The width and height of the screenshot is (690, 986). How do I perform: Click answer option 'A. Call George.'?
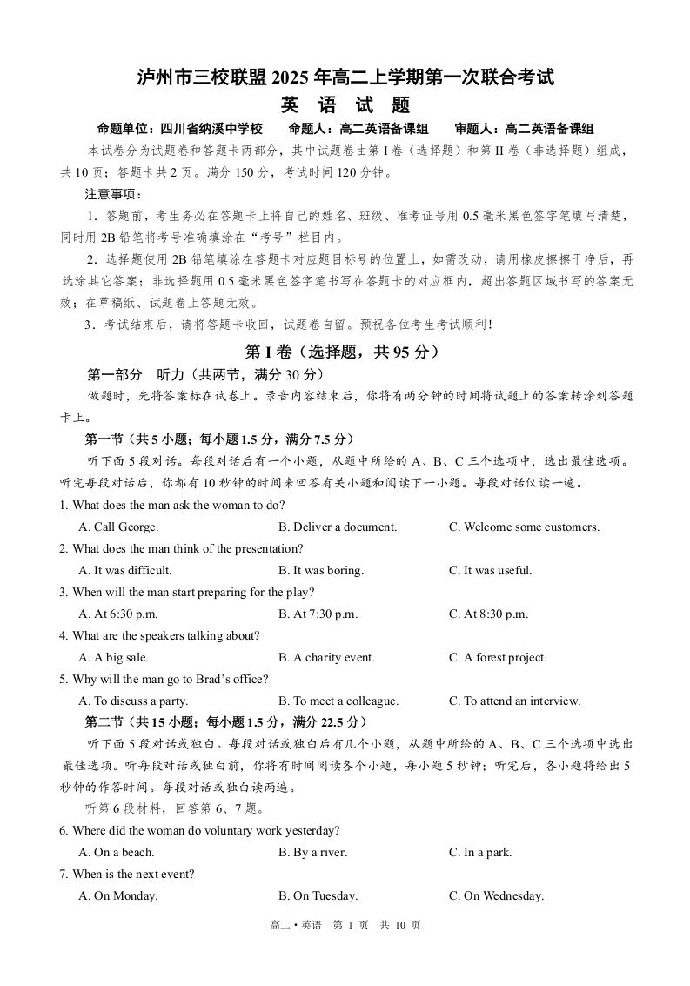click(118, 527)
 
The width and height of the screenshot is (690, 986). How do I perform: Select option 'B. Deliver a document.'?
click(338, 527)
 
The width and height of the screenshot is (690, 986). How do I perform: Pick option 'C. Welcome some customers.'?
click(524, 527)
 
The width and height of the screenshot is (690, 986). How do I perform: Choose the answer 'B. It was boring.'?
click(321, 570)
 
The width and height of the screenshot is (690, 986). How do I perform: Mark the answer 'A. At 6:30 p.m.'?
click(118, 614)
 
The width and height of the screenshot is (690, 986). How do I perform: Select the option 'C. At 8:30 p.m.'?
click(488, 614)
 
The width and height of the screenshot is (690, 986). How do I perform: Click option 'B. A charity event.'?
click(326, 657)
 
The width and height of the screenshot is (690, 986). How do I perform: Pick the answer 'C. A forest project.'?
click(498, 657)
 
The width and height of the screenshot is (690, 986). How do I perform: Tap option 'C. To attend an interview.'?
click(514, 701)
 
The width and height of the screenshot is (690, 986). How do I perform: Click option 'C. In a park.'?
click(480, 852)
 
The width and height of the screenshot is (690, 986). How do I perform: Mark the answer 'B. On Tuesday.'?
click(318, 895)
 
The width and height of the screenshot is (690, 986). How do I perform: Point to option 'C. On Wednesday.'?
click(496, 895)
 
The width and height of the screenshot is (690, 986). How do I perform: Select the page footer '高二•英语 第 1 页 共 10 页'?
click(345, 925)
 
